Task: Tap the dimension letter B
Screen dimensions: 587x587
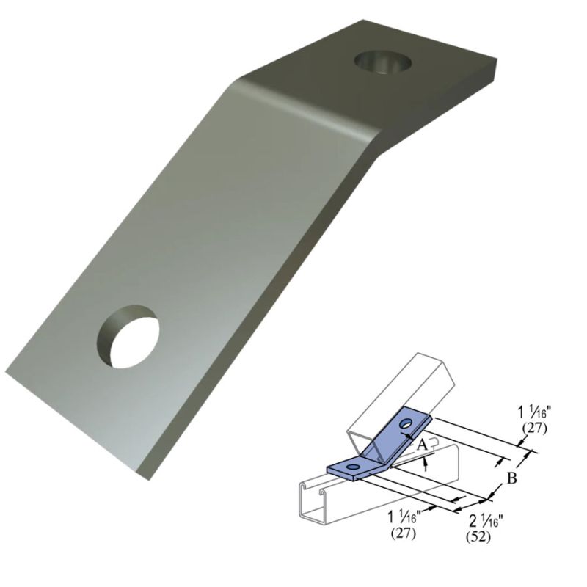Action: (513, 479)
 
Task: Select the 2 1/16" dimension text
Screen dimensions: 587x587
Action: (484, 522)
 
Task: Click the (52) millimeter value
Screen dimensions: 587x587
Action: (478, 537)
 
